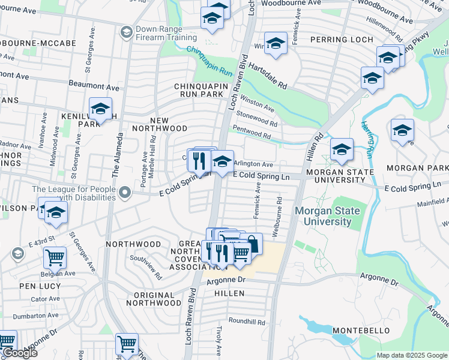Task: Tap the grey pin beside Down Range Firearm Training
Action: (x=126, y=31)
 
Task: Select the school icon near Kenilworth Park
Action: (x=100, y=110)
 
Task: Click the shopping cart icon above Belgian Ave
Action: (x=55, y=258)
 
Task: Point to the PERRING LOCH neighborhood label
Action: (x=341, y=40)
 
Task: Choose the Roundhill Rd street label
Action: (x=247, y=322)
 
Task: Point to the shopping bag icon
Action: (x=252, y=244)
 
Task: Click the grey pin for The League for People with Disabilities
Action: (x=125, y=193)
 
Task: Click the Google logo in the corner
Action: (x=19, y=353)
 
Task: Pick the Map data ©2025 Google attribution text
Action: (x=411, y=355)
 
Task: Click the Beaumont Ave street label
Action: (x=94, y=88)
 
